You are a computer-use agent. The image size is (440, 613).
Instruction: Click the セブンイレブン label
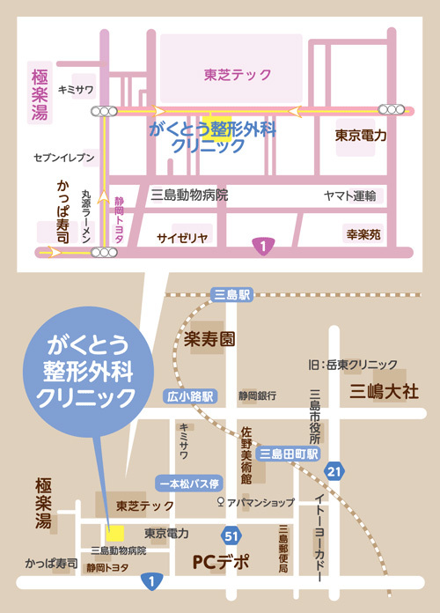[x=64, y=158]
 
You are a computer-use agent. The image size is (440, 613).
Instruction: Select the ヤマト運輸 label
[x=349, y=196]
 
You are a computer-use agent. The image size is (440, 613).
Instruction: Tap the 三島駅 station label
[x=232, y=297]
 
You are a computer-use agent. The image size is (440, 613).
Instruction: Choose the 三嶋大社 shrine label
[x=385, y=390]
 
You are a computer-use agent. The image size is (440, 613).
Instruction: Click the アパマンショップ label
[x=261, y=502]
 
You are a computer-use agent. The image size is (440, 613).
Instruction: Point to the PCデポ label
[x=220, y=560]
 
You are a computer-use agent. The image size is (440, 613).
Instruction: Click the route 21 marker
[x=332, y=474]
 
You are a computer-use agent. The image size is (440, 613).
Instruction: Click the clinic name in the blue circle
[x=83, y=369]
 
